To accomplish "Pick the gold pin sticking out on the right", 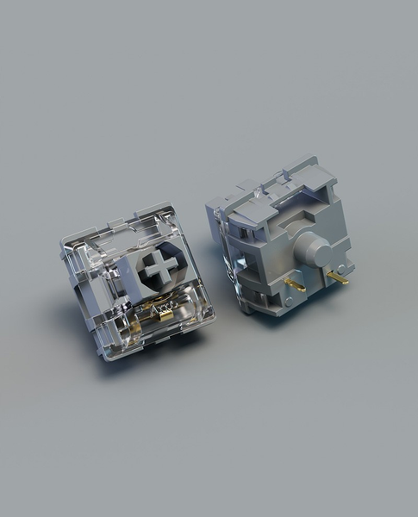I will point(338,278).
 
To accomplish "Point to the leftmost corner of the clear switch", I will point(60,250).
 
